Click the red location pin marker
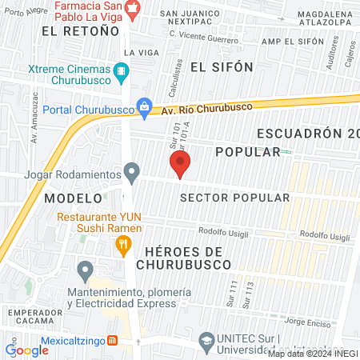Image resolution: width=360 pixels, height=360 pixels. (180, 166)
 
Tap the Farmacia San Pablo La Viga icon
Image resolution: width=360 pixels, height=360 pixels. (133, 7)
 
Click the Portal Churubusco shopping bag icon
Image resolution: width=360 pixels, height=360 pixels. (144, 105)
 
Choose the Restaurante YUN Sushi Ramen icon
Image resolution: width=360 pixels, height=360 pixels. (122, 245)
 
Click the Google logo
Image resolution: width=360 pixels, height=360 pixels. (27, 350)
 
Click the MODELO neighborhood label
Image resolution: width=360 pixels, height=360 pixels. (74, 197)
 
